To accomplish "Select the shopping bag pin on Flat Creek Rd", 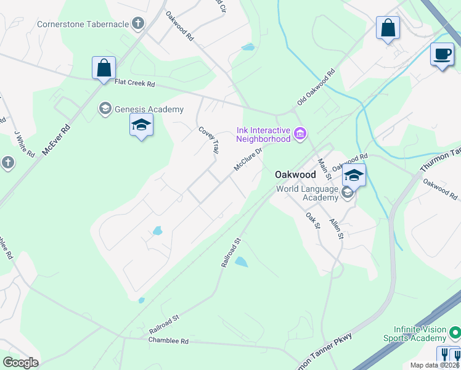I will click(104, 68).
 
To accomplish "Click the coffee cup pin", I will click(441, 54).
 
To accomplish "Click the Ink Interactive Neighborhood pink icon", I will click(300, 133).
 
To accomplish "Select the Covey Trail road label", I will click(209, 141).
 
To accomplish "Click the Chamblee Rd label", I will click(168, 340).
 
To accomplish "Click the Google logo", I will click(20, 363).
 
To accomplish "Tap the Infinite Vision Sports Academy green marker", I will click(455, 334).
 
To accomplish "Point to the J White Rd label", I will click(24, 143).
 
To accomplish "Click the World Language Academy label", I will click(307, 193).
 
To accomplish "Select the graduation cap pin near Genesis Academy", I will click(141, 126).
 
